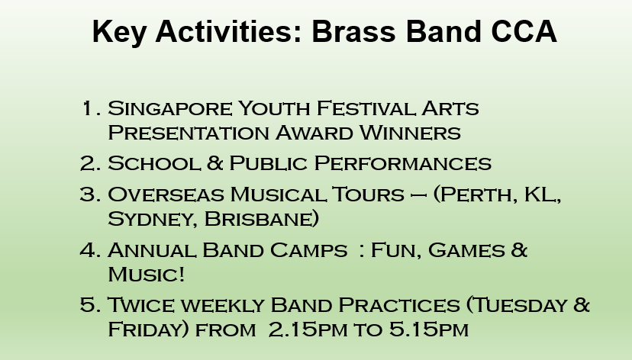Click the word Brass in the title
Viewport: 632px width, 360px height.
pyautogui.click(x=353, y=31)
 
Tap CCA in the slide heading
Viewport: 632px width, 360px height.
pyautogui.click(x=524, y=31)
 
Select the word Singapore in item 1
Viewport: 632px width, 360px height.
pyautogui.click(x=169, y=109)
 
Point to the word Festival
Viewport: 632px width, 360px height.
pyautogui.click(x=366, y=108)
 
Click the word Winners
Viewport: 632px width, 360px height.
pyautogui.click(x=410, y=133)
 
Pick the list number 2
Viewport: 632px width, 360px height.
pyautogui.click(x=88, y=163)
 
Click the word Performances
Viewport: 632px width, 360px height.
pyautogui.click(x=403, y=163)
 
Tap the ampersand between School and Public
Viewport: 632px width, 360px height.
pyautogui.click(x=214, y=163)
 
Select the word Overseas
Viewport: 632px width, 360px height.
pyautogui.click(x=166, y=194)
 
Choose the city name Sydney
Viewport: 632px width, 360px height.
pyautogui.click(x=153, y=220)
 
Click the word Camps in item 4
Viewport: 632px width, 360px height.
pyautogui.click(x=308, y=250)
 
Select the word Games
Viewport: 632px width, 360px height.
pyautogui.click(x=466, y=250)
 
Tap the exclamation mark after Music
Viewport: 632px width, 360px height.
pyautogui.click(x=182, y=275)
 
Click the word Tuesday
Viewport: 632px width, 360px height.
pyautogui.click(x=519, y=305)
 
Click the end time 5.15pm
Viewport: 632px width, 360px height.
pyautogui.click(x=429, y=329)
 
